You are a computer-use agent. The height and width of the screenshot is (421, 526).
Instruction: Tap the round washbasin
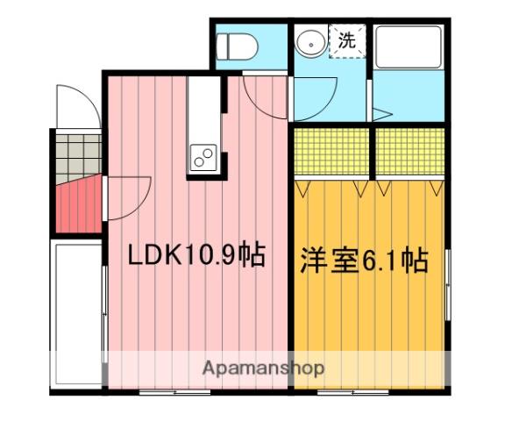[309, 42]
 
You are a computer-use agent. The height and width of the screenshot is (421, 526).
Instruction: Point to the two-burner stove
[203, 158]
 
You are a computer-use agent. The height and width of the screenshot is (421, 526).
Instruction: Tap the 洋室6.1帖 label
[365, 260]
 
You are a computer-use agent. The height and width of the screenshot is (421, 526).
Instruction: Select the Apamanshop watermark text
[263, 368]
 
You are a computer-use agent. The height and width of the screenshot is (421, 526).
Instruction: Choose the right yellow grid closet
[410, 153]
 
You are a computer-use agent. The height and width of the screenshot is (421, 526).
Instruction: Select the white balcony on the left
[77, 311]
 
